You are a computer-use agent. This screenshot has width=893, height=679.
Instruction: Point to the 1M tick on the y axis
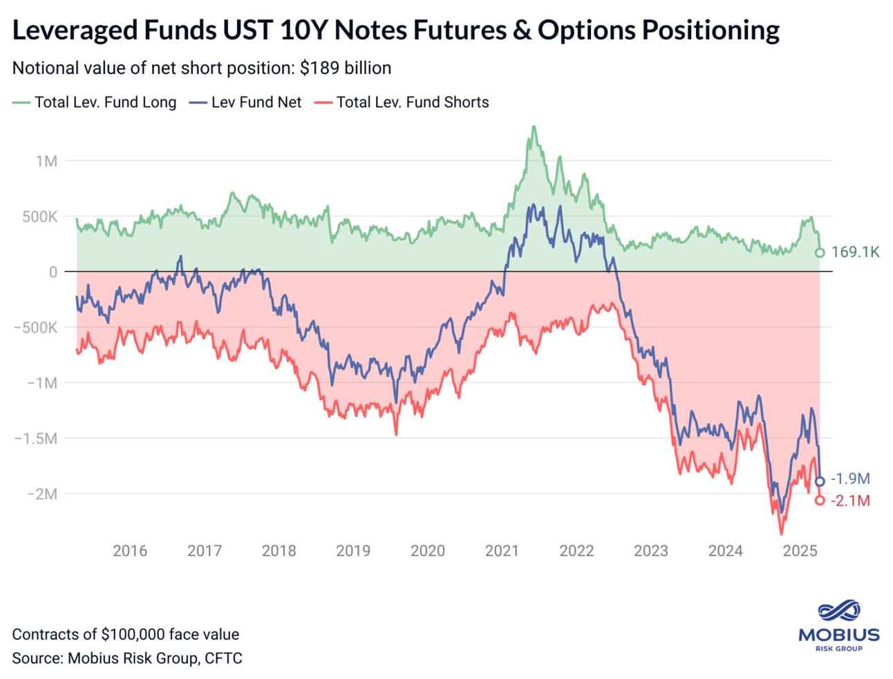click(46, 161)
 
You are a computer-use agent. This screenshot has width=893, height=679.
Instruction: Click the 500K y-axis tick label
click(39, 216)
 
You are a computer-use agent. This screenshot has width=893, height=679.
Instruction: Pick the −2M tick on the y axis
click(41, 494)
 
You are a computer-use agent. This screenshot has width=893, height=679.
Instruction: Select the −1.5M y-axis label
click(36, 439)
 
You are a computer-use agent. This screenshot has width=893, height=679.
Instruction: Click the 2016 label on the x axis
click(130, 551)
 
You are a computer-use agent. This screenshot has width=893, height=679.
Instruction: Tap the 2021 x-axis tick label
click(502, 551)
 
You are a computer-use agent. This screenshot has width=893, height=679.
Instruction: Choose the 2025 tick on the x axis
click(800, 551)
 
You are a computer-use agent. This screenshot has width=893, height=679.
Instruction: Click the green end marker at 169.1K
click(820, 253)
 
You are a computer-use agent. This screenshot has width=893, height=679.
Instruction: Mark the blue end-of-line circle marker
click(820, 481)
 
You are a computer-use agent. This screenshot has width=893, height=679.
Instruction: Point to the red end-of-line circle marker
click(820, 500)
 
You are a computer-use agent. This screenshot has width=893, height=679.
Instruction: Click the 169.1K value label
click(855, 252)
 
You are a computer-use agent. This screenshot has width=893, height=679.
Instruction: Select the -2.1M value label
click(850, 501)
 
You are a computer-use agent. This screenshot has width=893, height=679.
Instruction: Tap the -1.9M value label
click(850, 479)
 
